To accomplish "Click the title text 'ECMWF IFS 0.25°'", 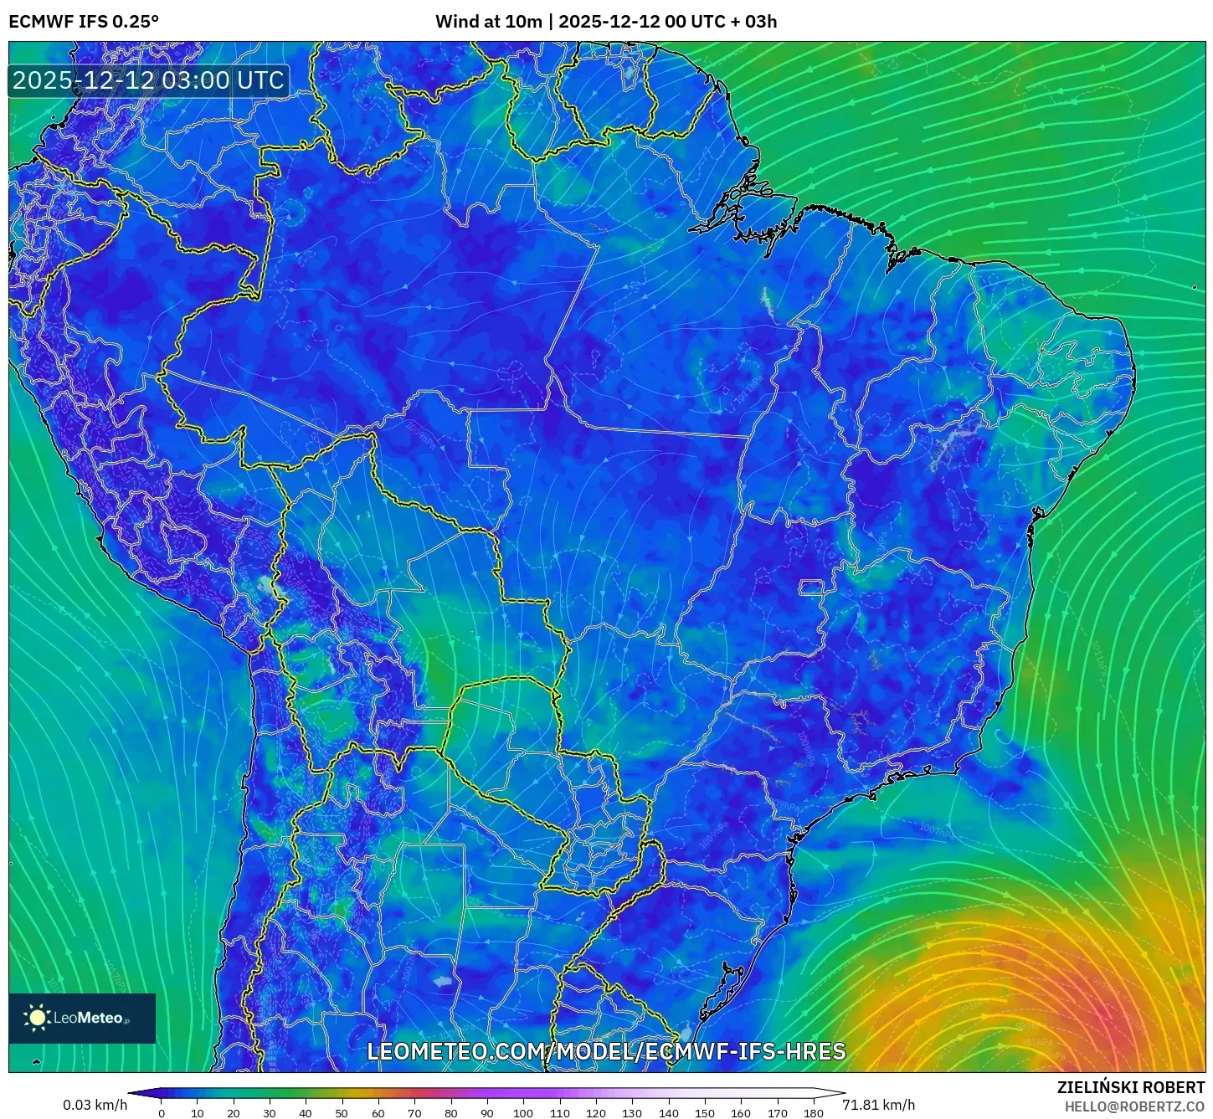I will coord(84,22).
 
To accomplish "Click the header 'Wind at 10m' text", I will coord(488,22).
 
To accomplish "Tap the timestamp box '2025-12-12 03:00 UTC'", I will coord(149,80).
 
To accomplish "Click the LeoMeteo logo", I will coord(82,1018).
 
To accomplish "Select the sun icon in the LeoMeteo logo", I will coord(37,1018).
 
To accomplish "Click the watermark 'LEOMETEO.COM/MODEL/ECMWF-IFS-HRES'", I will coord(606,1051).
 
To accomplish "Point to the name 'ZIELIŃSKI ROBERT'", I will coord(1131,1087).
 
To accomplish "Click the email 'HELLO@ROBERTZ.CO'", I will coord(1134,1106).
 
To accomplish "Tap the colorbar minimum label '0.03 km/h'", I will coord(95,1105).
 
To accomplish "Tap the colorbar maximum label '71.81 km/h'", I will coord(878,1105).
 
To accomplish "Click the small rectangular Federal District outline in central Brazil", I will coord(811,588).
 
